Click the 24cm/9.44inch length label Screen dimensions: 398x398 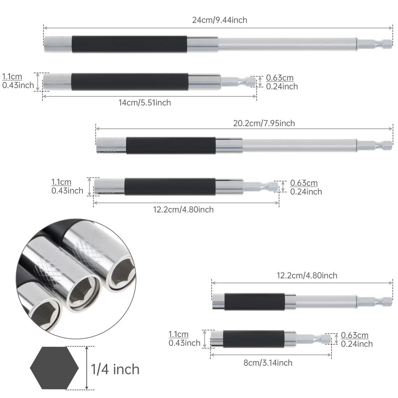(219, 20)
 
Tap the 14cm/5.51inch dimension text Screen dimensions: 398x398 (145, 103)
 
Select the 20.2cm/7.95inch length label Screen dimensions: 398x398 (264, 124)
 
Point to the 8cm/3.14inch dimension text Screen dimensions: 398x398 (268, 363)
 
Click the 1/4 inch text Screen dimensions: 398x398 (115, 369)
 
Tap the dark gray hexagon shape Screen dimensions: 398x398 (54, 368)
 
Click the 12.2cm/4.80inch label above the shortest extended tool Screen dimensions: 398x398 (307, 276)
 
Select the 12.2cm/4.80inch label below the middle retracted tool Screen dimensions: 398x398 (183, 210)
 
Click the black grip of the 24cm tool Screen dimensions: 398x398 (129, 44)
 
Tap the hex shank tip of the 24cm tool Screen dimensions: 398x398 (375, 44)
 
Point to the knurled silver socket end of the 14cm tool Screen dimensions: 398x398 (57, 82)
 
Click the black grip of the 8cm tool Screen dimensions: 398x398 (254, 339)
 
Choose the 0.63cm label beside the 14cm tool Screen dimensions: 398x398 (280, 78)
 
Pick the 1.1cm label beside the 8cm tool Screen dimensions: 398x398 (178, 334)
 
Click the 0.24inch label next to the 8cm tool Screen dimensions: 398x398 (357, 344)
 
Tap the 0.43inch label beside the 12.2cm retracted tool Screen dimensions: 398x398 (67, 191)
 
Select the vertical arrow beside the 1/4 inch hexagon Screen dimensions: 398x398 (87, 368)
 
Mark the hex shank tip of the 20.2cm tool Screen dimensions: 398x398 (375, 145)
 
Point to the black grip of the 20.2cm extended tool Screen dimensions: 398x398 (171, 145)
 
